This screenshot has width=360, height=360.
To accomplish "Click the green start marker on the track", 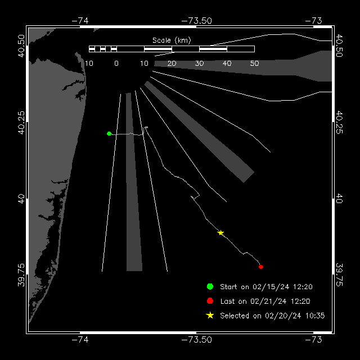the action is coord(109,134).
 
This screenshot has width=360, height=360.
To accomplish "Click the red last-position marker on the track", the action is coord(261,267).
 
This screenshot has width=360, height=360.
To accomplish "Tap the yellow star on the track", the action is coord(220,233).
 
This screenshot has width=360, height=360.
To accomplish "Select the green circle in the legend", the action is coord(210,286).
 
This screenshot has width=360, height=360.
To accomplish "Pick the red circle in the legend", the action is coord(210,301).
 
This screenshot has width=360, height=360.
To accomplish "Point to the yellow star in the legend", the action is coord(210,316).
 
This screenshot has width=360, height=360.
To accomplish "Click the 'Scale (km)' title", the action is coord(172,40).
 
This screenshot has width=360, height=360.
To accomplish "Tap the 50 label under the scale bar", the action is coord(254,64).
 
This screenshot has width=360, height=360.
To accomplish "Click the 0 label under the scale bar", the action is coord(116,64).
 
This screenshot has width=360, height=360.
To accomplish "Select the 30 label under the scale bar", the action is coord(199,64).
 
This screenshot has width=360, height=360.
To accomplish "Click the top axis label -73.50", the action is coord(196,21).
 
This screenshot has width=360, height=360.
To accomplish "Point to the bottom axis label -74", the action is coord(80,340).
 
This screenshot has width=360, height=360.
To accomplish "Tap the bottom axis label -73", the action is coord(314,340).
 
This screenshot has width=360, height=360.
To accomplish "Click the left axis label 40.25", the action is coord(21,123).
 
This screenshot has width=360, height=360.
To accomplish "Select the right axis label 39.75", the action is coord(339,275).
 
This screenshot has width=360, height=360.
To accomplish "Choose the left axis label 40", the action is coord(21,199).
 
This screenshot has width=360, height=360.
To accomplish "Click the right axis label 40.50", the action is coord(339,46).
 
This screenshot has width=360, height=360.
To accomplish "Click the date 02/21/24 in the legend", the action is coord(268,301).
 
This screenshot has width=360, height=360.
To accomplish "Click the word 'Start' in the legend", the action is coord(228,287).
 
